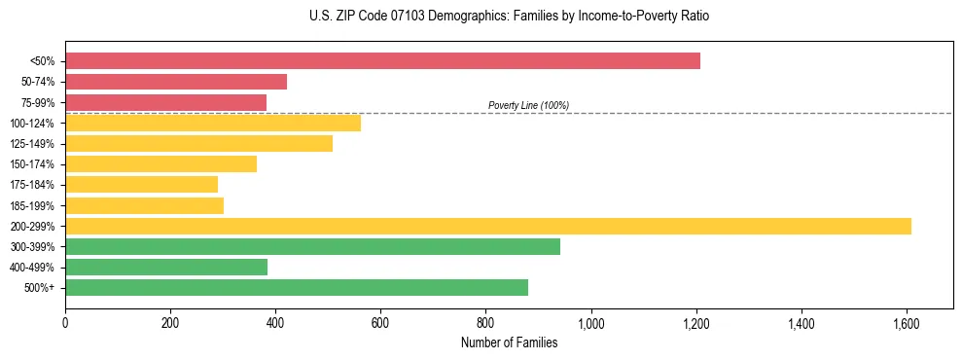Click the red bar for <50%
[382, 61]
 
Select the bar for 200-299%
[488, 226]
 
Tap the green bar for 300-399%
[312, 246]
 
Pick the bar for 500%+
[297, 287]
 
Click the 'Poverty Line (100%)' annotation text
[528, 105]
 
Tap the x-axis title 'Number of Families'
[509, 342]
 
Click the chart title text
[509, 17]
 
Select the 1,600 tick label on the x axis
[907, 322]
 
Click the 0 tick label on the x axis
[65, 322]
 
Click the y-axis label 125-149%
[33, 144]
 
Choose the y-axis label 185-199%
[33, 205]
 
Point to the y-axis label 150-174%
[33, 164]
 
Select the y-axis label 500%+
[40, 288]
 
